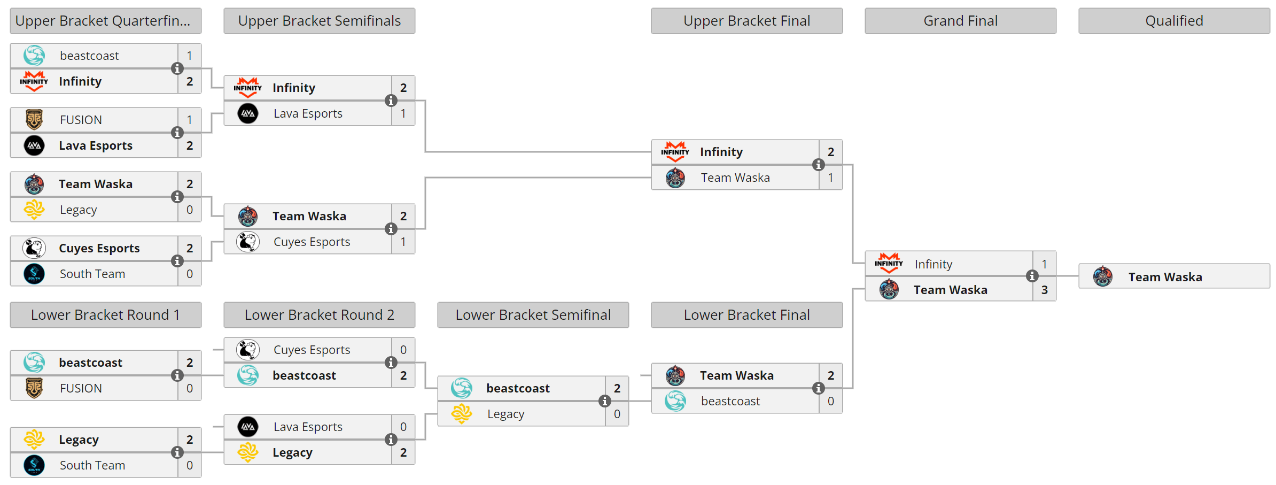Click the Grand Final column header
(960, 21)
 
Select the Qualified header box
(1174, 21)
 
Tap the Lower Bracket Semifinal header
(533, 315)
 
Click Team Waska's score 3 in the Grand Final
(1044, 290)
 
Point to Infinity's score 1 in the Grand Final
(1044, 264)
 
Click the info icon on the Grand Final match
(1032, 276)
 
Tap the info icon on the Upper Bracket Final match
(818, 165)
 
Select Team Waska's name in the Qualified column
(1165, 277)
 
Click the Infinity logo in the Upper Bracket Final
(675, 152)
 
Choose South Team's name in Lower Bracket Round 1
(92, 465)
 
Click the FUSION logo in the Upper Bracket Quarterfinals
(34, 120)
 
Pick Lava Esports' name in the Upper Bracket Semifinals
(308, 113)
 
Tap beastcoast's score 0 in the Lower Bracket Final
(830, 401)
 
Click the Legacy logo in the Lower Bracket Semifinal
(462, 414)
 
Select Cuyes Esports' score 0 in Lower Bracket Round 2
(403, 350)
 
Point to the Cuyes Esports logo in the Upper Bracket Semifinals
(248, 242)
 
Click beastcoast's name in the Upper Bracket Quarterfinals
(89, 56)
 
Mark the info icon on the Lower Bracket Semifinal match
(604, 401)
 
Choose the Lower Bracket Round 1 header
(105, 315)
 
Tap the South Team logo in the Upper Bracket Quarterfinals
(34, 274)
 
